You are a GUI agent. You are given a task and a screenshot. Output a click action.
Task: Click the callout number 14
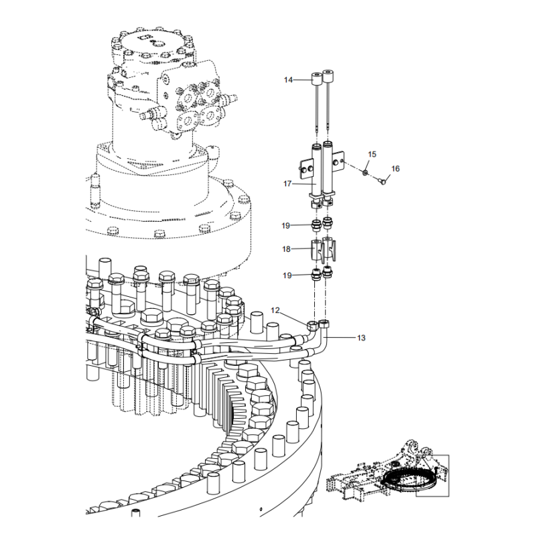click(x=288, y=80)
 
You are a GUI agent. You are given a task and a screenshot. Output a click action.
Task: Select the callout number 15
click(x=372, y=155)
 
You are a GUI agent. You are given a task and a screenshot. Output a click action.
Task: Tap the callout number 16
click(x=395, y=169)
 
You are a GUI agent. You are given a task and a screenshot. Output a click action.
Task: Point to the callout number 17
click(x=288, y=184)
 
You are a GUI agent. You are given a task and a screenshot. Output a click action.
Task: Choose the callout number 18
click(x=286, y=249)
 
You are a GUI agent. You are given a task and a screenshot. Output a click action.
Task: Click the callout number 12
click(x=275, y=310)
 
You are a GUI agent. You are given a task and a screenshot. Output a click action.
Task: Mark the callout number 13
click(x=361, y=338)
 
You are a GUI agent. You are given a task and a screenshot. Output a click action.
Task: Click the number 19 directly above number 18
click(x=286, y=224)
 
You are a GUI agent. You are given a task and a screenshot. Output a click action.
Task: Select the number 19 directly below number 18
click(x=286, y=275)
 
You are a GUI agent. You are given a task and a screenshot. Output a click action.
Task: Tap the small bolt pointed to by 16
click(x=383, y=179)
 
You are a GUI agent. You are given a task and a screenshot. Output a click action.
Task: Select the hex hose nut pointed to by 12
click(x=313, y=326)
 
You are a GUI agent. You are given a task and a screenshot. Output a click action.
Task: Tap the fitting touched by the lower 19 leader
click(x=316, y=274)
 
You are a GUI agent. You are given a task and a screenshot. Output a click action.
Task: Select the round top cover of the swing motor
click(x=153, y=47)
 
